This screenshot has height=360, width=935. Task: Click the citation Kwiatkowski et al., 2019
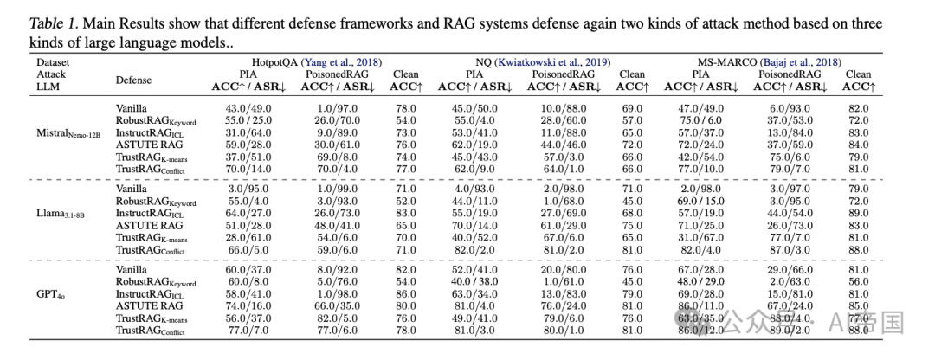pos(563,62)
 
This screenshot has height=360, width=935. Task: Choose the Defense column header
pos(133,80)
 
